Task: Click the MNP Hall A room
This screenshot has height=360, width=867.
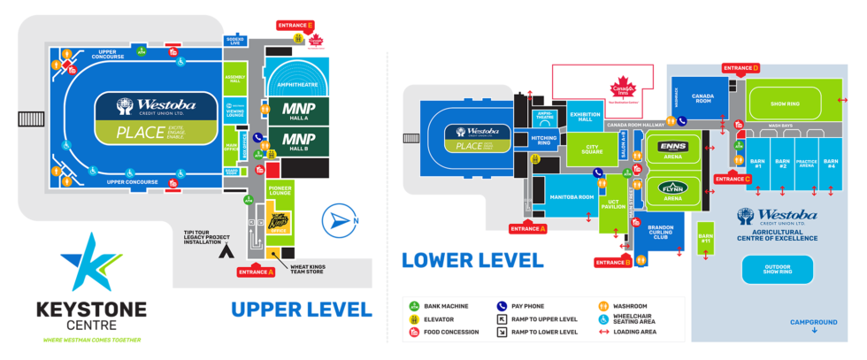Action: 297,111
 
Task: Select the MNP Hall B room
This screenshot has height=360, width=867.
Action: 297,140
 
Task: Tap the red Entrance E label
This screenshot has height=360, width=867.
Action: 295,25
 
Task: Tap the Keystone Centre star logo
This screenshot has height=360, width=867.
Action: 86,263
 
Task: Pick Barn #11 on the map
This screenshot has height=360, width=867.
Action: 705,237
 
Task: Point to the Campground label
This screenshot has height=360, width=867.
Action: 812,322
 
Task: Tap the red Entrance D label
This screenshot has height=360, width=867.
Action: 741,68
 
